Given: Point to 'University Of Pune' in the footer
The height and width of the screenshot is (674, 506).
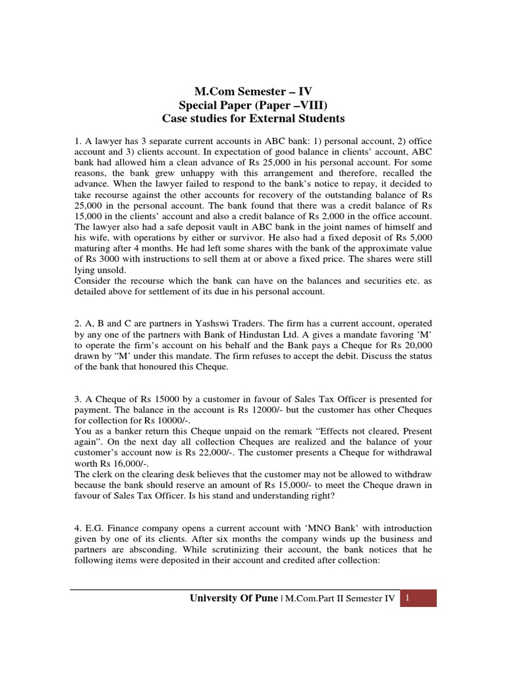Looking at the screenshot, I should point(234,598).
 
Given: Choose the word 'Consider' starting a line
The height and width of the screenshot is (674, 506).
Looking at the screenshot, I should point(93,281).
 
